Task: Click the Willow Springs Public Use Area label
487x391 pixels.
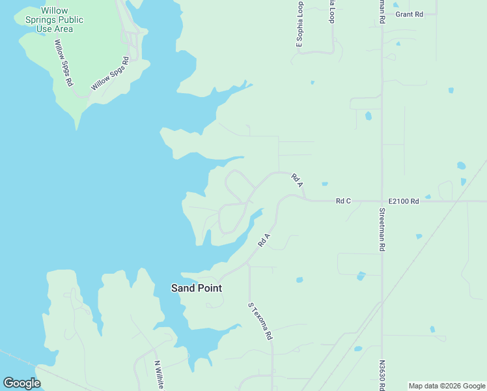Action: pyautogui.click(x=54, y=20)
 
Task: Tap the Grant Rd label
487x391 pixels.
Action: pyautogui.click(x=409, y=14)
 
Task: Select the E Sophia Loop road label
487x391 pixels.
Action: pyautogui.click(x=299, y=25)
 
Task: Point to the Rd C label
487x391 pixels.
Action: pyautogui.click(x=343, y=201)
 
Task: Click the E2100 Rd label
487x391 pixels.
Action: pyautogui.click(x=404, y=201)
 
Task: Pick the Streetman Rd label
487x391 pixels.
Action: pyautogui.click(x=383, y=229)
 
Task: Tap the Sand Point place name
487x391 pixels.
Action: pyautogui.click(x=196, y=287)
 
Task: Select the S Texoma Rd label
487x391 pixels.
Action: pyautogui.click(x=260, y=321)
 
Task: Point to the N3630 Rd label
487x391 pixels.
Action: pyautogui.click(x=382, y=376)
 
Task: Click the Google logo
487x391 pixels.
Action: pyautogui.click(x=21, y=383)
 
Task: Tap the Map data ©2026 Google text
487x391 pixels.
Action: pyautogui.click(x=446, y=386)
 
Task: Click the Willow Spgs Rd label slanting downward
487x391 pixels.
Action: pyautogui.click(x=63, y=64)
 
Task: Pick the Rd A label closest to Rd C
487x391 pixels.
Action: pyautogui.click(x=298, y=180)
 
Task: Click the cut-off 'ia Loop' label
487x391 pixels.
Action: pyautogui.click(x=332, y=12)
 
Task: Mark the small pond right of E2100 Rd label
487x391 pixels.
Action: pyautogui.click(x=428, y=196)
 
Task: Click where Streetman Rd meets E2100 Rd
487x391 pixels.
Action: pyautogui.click(x=382, y=201)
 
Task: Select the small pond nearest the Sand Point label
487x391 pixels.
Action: pyautogui.click(x=299, y=280)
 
